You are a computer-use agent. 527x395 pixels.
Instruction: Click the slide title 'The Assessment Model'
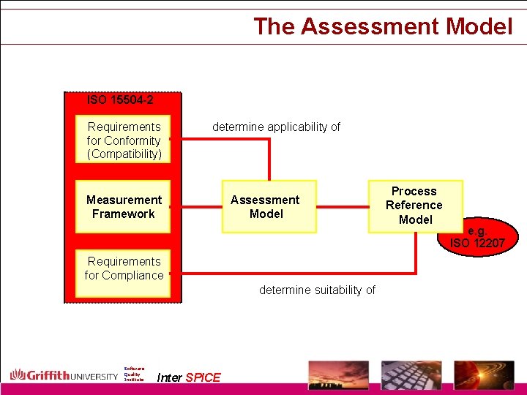pos(383,26)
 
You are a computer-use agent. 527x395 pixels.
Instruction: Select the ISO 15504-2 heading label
pos(120,99)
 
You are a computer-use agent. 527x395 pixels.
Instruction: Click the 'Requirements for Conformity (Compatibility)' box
pos(124,140)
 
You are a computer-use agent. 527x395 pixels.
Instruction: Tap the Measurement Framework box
pos(123,206)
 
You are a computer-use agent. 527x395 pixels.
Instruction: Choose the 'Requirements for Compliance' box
pos(124,268)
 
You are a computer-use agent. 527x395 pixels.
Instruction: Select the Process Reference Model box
pos(415,205)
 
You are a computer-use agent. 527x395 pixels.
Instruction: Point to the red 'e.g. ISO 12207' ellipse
pos(478,236)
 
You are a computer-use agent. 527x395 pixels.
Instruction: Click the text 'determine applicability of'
pos(276,127)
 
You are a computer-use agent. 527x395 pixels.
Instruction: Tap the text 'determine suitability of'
pos(317,290)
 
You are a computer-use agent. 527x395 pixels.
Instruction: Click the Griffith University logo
pos(64,375)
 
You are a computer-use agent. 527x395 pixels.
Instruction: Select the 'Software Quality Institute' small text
pos(134,374)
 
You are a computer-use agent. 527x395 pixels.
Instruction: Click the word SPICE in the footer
pos(203,377)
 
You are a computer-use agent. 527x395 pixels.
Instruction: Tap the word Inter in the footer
pos(169,377)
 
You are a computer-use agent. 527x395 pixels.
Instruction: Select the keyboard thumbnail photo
pos(411,375)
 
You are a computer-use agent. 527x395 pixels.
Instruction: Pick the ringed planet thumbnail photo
pos(485,375)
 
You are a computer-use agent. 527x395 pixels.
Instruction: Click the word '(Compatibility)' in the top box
pos(124,154)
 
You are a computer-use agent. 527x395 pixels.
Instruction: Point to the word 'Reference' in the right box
pos(414,205)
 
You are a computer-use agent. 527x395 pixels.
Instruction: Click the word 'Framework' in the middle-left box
pos(123,214)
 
